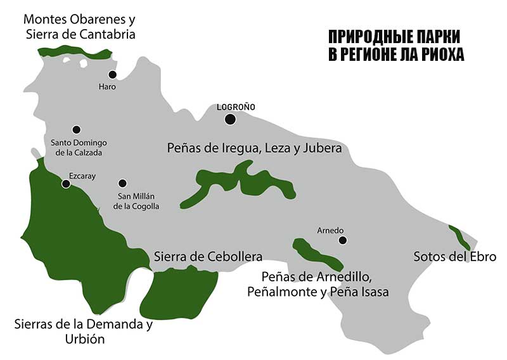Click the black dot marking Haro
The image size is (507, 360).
point(113,74)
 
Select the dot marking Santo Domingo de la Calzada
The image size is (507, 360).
point(77,129)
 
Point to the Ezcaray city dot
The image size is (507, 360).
point(66,184)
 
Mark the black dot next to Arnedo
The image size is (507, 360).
point(343,240)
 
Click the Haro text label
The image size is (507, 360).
point(108,87)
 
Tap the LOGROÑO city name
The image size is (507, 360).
point(236,107)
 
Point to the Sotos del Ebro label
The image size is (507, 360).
point(454,257)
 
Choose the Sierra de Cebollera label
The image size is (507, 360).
point(209,257)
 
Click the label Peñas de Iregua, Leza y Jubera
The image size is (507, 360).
point(255,148)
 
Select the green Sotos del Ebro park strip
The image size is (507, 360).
point(459,236)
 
